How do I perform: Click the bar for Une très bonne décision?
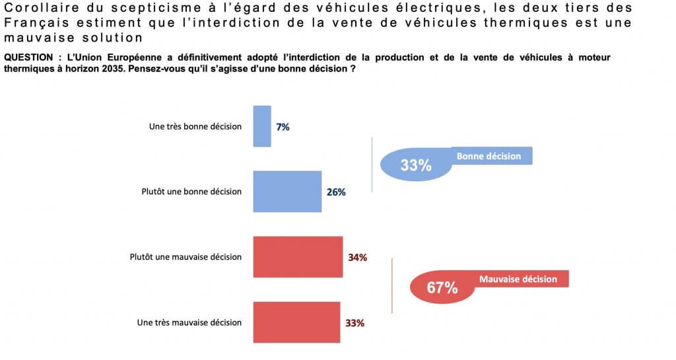click(x=262, y=126)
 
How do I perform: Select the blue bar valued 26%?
click(x=287, y=192)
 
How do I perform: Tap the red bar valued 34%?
click(x=298, y=256)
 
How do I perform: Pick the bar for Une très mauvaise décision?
click(x=296, y=322)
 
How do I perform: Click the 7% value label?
click(x=283, y=127)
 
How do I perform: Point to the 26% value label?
click(x=336, y=192)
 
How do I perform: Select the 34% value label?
click(x=357, y=257)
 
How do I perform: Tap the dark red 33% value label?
click(x=355, y=323)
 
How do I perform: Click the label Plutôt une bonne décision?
click(x=191, y=192)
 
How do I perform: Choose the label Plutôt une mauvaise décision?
click(x=186, y=257)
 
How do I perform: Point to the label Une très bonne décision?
click(x=195, y=126)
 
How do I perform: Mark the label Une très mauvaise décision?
click(x=189, y=323)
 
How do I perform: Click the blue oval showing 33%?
click(x=415, y=164)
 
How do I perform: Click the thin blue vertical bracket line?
click(x=373, y=164)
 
